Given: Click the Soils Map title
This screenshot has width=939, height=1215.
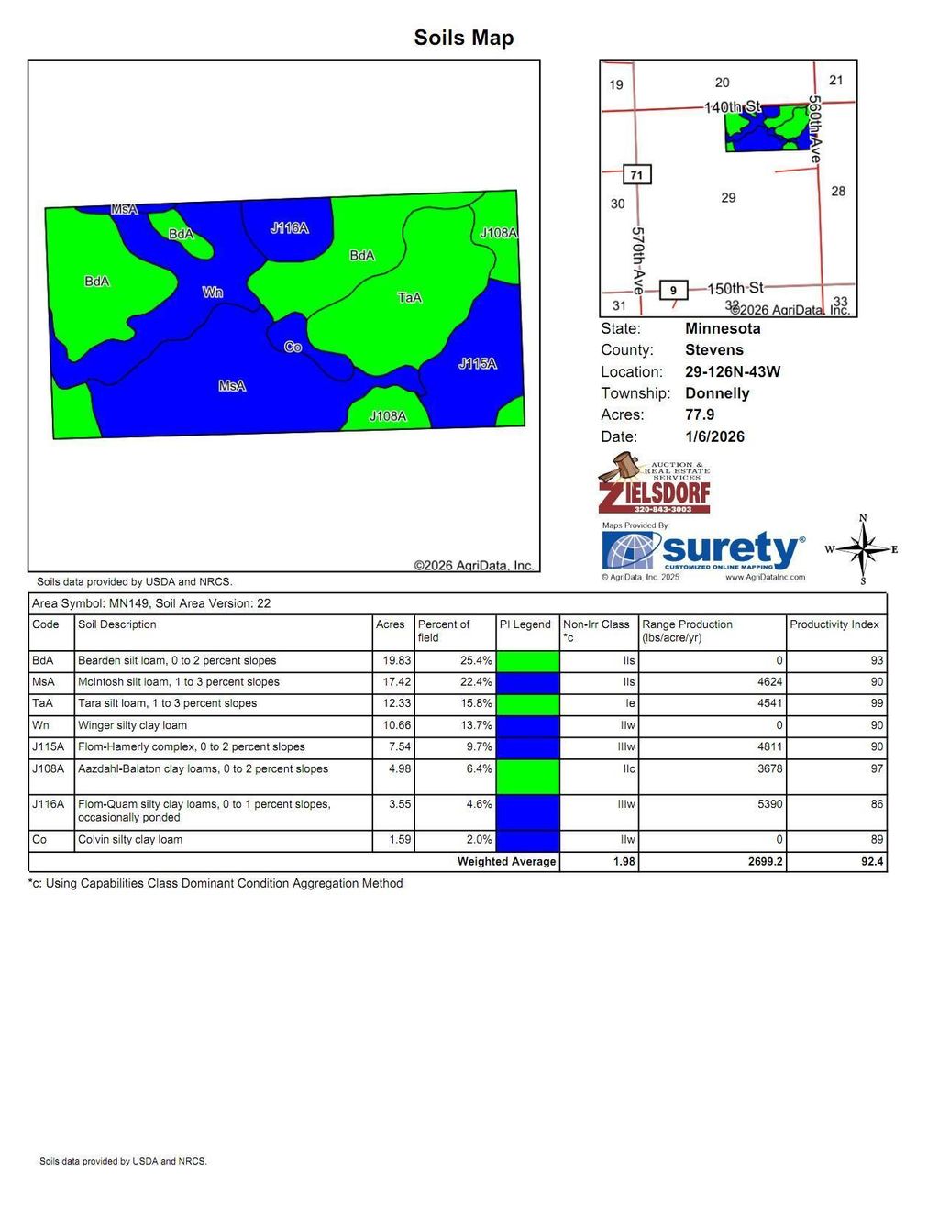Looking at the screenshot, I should pos(463,38).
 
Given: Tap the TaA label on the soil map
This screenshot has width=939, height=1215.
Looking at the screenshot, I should pos(410,297).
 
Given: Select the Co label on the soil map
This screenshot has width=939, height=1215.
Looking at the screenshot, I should pos(293,347).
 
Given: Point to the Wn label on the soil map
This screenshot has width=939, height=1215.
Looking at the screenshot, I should pos(213,293).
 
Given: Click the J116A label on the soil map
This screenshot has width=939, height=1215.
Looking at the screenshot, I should pos(290,227).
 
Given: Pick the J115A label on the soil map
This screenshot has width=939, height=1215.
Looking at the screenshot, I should pos(478,364).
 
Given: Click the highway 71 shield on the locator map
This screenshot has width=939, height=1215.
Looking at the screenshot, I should pos(636,174).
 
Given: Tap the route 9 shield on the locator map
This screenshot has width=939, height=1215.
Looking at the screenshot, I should pos(673,290).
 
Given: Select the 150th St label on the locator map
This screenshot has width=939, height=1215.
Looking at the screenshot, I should pos(735,288).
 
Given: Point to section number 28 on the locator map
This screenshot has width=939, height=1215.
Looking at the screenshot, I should pos(838,191).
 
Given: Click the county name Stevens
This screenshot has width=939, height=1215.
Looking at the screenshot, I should pos(713,349).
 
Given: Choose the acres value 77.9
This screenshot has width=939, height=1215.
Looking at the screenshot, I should pos(700,414).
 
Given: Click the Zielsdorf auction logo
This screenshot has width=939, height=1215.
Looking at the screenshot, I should pos(654,483).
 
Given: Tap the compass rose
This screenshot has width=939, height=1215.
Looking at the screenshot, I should pos(862,549).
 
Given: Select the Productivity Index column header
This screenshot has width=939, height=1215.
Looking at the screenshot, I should pos(834,624).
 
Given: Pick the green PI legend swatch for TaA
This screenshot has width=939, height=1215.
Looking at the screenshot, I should pos(527,704).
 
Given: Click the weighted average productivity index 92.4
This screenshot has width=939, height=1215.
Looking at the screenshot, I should pos(872,861).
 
